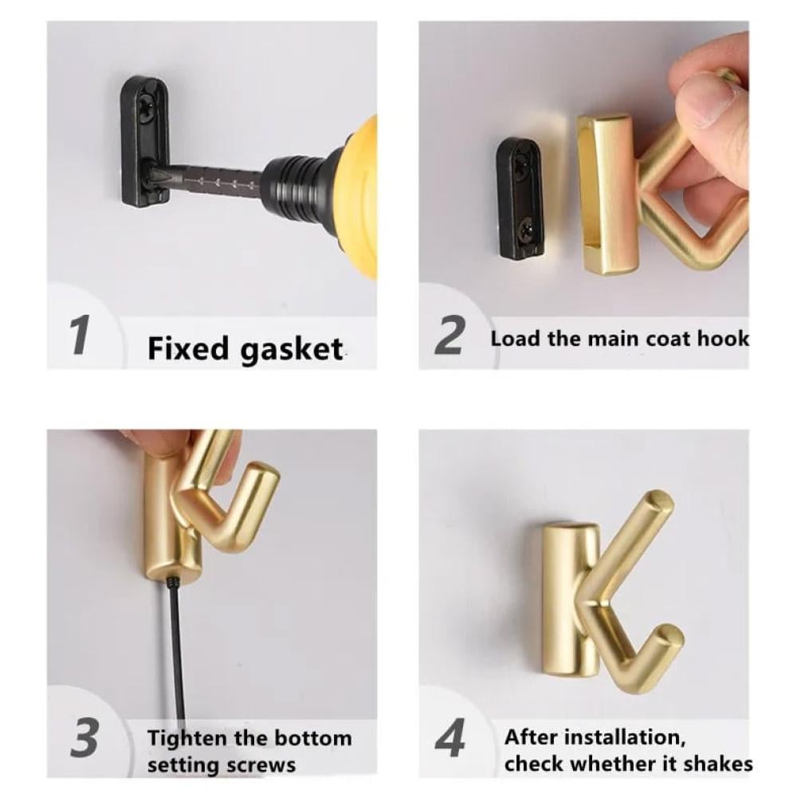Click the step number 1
point(80,335)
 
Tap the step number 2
point(449,335)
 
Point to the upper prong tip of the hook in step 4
point(660,501)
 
